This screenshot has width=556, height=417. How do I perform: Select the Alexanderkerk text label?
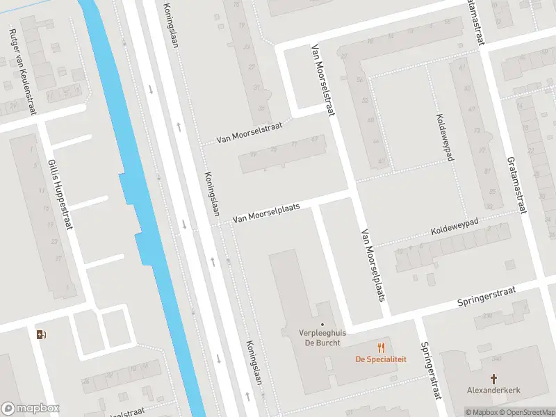pyautogui.click(x=494, y=391)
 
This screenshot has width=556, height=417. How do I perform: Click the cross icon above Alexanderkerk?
pyautogui.click(x=494, y=378)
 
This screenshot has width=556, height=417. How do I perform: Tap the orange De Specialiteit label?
pyautogui.click(x=381, y=359)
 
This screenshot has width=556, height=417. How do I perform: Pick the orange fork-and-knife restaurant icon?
pyautogui.click(x=381, y=347)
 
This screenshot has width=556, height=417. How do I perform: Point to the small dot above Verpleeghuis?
pyautogui.click(x=322, y=323)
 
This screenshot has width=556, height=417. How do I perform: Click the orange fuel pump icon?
pyautogui.click(x=41, y=334)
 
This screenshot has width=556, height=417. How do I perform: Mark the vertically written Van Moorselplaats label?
pyautogui.click(x=373, y=265)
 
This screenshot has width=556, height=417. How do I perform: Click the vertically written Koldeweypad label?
pyautogui.click(x=444, y=137)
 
